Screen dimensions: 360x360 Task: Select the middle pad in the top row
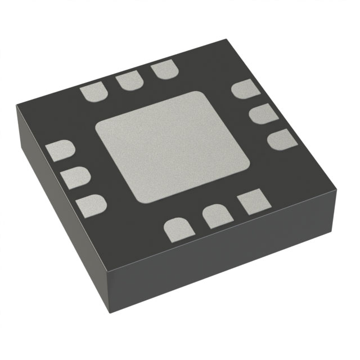point(129,82)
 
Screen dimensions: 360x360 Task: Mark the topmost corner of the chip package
point(226,40)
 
